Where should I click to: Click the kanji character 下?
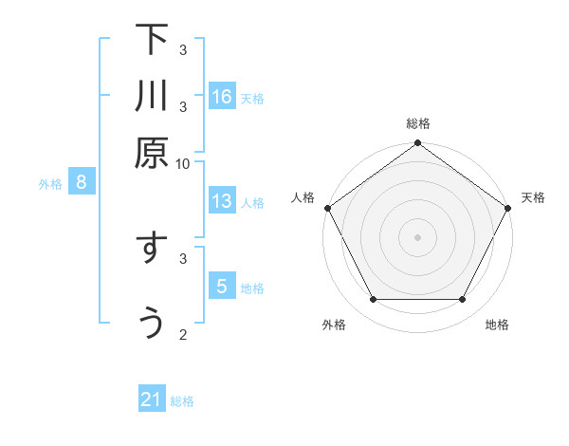pyautogui.click(x=152, y=40)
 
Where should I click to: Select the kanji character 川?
pyautogui.click(x=152, y=96)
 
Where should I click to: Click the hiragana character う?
pyautogui.click(x=152, y=324)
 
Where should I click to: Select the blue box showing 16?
pyautogui.click(x=222, y=96)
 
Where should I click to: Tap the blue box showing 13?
pyautogui.click(x=222, y=201)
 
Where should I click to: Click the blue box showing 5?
pyautogui.click(x=222, y=287)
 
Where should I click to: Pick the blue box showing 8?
pyautogui.click(x=82, y=183)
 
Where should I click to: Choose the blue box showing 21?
pyautogui.click(x=152, y=400)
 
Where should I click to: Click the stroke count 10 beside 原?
pyautogui.click(x=183, y=163)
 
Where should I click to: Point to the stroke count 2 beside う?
pyautogui.click(x=183, y=334)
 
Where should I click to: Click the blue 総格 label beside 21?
pyautogui.click(x=182, y=401)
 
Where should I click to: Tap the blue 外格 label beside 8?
pyautogui.click(x=50, y=184)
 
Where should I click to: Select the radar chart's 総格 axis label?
pyautogui.click(x=418, y=124)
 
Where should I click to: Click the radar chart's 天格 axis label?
pyautogui.click(x=533, y=197)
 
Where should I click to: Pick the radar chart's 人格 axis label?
pyautogui.click(x=303, y=197)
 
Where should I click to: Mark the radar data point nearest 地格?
pyautogui.click(x=463, y=300)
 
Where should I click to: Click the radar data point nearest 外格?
pyautogui.click(x=373, y=300)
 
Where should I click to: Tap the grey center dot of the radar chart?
pyautogui.click(x=417, y=236)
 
